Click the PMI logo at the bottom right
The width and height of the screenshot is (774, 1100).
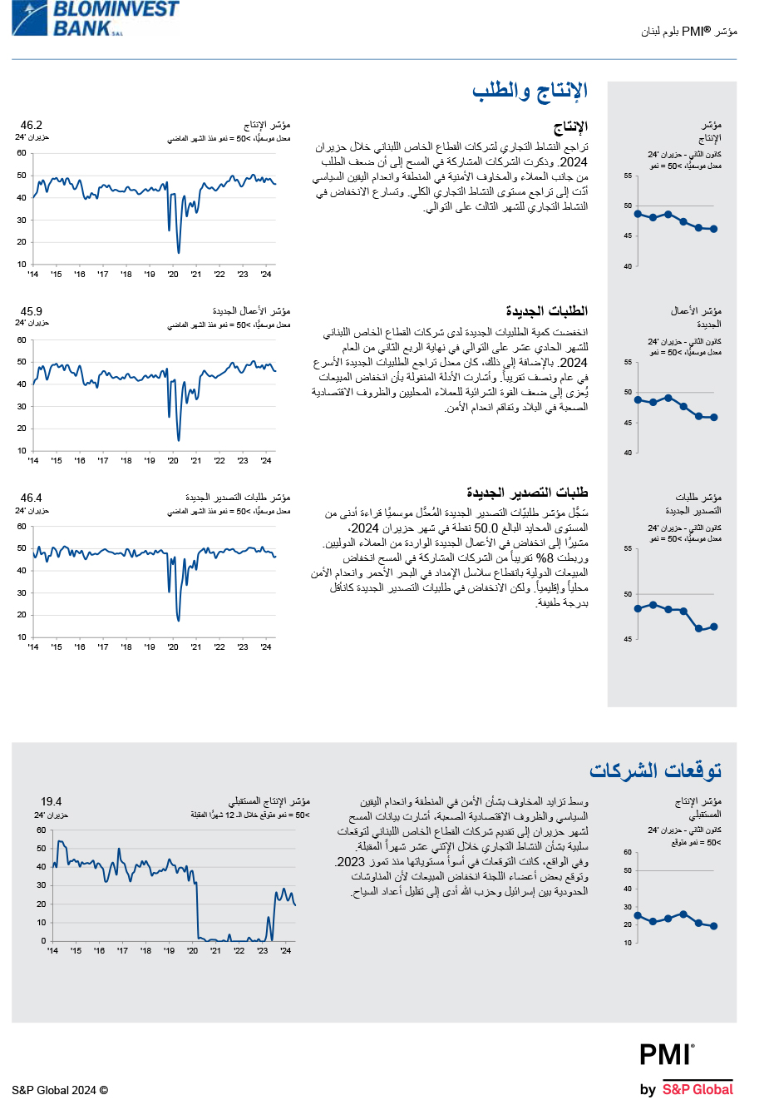(666, 1054)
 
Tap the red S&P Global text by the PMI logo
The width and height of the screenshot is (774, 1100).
(698, 1089)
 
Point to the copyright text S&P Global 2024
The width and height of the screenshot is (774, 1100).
(60, 1090)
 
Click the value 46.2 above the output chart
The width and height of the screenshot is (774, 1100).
(32, 125)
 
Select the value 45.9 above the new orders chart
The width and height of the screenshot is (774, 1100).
(32, 311)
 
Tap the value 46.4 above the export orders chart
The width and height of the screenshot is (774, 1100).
(32, 498)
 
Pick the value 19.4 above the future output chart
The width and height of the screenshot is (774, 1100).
(52, 801)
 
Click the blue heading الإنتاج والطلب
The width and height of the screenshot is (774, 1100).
(530, 91)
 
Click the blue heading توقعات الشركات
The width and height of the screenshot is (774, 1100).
(655, 770)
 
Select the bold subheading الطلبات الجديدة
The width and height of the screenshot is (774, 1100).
(546, 311)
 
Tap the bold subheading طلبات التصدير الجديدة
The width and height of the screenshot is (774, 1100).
(527, 493)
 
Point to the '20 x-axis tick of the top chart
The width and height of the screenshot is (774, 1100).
(173, 274)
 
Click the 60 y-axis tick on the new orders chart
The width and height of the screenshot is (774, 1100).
(22, 339)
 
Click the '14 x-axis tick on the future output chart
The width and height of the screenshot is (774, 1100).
(52, 950)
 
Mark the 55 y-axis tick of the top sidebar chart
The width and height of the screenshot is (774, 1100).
(628, 176)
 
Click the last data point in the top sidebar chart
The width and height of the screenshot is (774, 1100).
(713, 229)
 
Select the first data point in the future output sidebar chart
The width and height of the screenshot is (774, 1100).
(638, 915)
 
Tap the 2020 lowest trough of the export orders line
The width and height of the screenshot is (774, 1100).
(178, 619)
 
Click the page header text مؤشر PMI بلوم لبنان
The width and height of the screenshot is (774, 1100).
(689, 32)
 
